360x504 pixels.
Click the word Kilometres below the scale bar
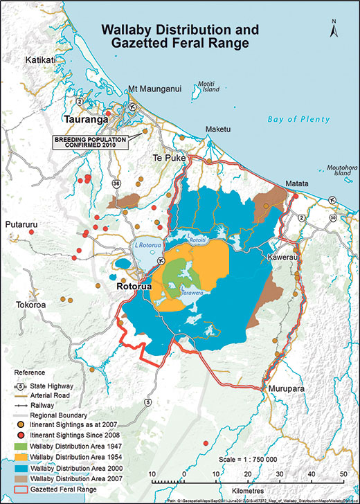[246, 487]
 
